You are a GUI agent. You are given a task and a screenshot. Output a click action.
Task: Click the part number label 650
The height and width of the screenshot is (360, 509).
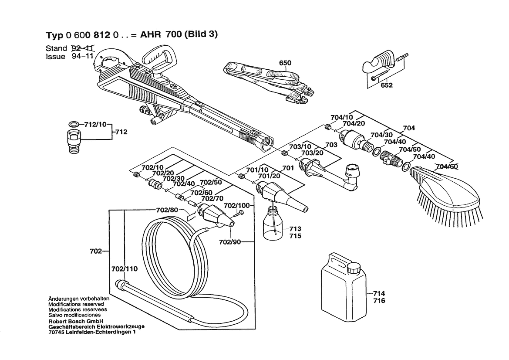click(285, 63)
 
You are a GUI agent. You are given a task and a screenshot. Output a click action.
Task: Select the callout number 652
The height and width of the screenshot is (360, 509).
click(387, 85)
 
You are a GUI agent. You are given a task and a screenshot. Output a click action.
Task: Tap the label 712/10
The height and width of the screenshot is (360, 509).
click(95, 125)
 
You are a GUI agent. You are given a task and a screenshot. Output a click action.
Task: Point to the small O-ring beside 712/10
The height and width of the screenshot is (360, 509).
click(74, 124)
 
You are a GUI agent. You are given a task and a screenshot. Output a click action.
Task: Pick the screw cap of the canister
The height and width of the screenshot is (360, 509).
click(354, 268)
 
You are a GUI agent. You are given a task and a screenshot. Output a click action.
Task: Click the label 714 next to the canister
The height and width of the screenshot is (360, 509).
click(379, 293)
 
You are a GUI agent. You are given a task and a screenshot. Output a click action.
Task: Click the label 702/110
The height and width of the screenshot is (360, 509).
click(125, 269)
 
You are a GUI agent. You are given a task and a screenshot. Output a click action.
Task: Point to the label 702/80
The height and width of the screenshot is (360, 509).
click(167, 210)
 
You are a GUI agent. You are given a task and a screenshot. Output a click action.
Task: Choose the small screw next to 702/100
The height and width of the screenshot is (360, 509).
click(239, 214)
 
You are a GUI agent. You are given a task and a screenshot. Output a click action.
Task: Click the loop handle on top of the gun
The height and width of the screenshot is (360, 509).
click(159, 60)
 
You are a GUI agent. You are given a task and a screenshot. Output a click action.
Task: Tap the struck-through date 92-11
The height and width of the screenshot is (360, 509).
click(82, 48)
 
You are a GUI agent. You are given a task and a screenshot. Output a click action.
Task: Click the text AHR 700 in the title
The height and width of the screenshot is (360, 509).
click(161, 34)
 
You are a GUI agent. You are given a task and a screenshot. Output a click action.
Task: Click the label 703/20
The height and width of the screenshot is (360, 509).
click(312, 153)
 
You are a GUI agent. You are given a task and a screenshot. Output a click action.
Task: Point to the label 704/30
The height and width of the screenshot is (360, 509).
click(381, 135)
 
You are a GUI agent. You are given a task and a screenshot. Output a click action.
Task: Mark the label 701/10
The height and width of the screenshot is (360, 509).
click(257, 170)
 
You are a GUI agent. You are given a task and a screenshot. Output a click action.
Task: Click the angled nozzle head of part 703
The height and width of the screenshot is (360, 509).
click(352, 176)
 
